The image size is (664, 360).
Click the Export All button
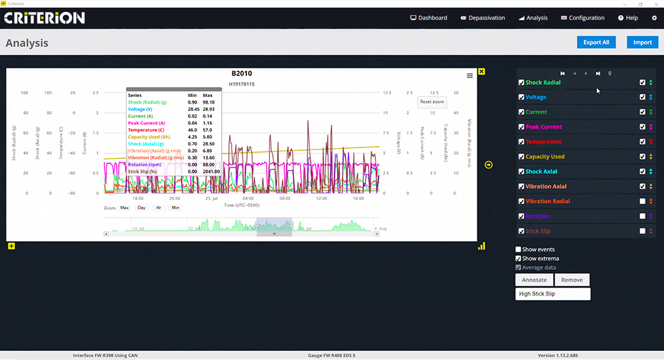point(596,43)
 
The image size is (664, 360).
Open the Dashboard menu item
point(429,18)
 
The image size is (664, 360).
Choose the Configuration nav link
point(582,18)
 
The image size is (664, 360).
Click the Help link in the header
point(627,18)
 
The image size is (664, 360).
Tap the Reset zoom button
point(432,102)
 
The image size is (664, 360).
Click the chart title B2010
point(242,74)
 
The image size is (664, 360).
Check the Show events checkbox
point(519,250)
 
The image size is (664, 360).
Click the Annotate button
point(534,280)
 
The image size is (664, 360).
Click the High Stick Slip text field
point(552,294)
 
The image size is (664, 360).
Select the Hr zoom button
point(158,208)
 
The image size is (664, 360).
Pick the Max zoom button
point(124,208)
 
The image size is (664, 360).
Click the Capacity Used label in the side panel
point(544,157)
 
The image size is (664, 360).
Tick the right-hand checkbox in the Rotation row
point(642,216)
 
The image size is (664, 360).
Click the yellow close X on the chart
point(481,71)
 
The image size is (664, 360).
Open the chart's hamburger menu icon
point(470,76)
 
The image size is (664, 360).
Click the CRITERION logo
point(44,18)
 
